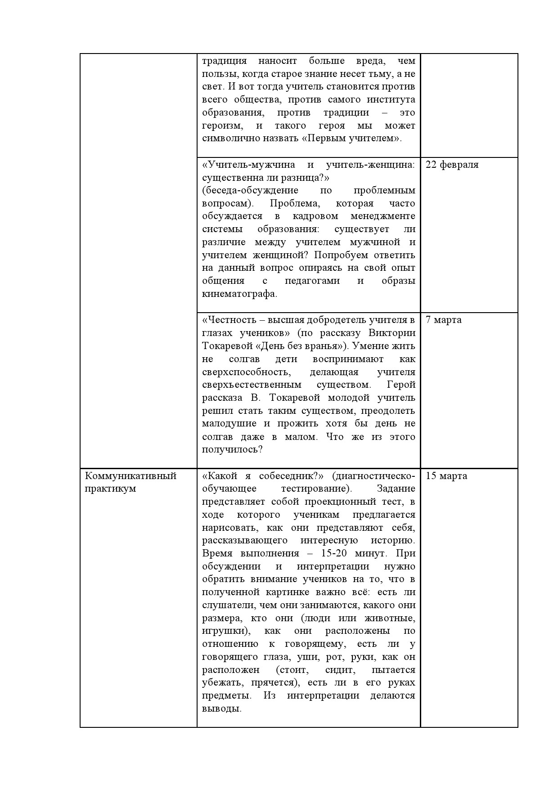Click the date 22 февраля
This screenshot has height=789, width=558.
452,165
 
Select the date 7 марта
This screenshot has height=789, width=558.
443,320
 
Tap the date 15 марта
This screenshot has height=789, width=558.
446,476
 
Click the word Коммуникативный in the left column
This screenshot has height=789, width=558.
130,476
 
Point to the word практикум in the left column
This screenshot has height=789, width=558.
110,489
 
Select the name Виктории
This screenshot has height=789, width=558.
391,333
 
